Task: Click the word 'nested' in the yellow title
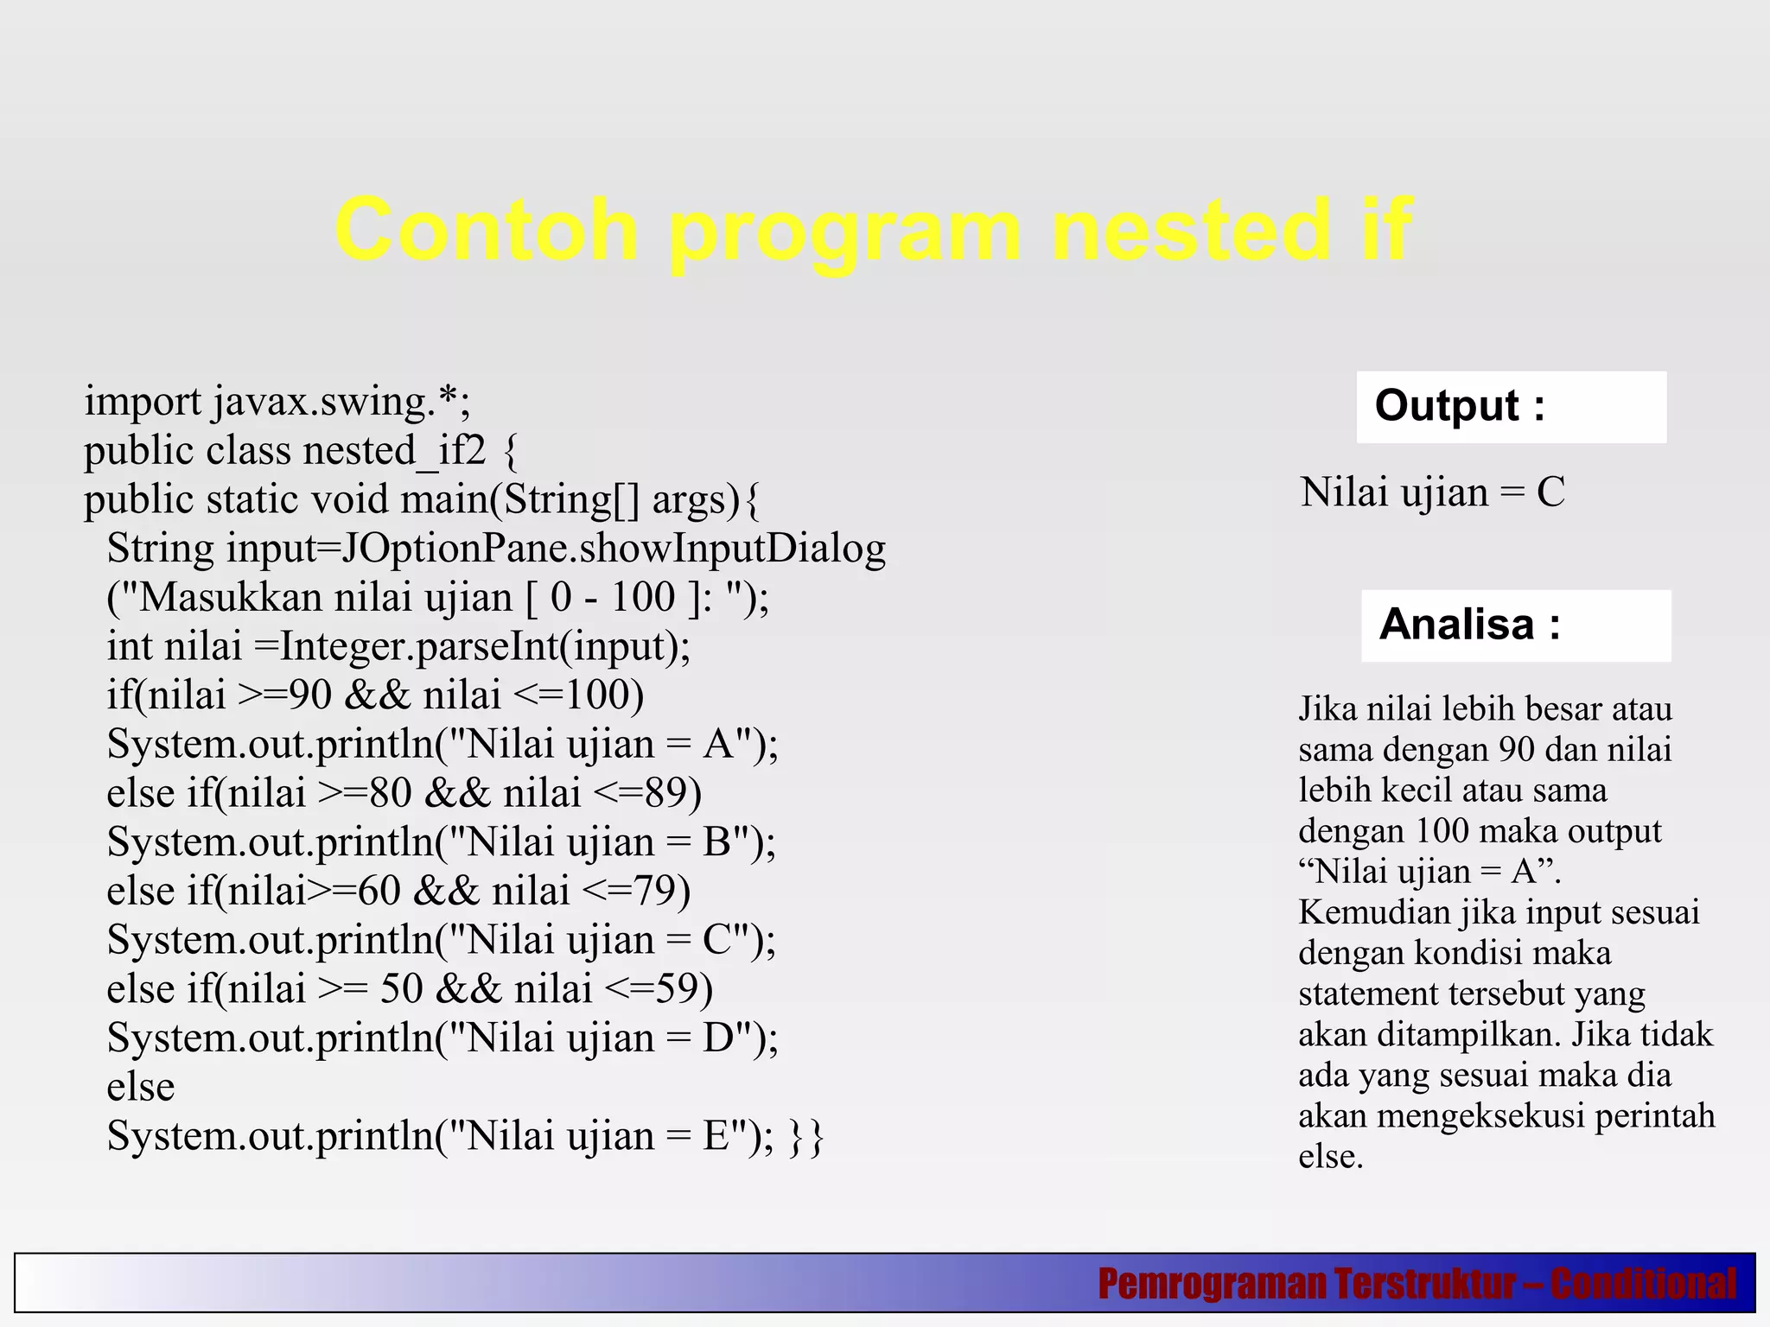(x=1191, y=230)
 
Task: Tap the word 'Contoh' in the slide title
(x=487, y=230)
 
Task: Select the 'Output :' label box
(x=1511, y=407)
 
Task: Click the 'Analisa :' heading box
(x=1515, y=625)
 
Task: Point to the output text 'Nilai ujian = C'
(x=1433, y=492)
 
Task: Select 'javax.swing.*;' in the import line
(x=342, y=402)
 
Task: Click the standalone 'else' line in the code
(x=140, y=1087)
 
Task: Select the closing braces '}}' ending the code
(x=807, y=1136)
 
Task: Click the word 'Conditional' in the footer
(x=1643, y=1284)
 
